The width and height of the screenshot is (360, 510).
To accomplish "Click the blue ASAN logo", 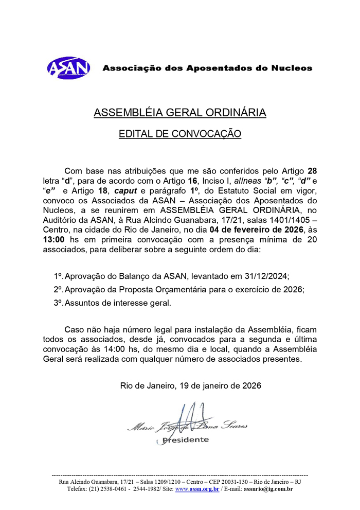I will [68, 67].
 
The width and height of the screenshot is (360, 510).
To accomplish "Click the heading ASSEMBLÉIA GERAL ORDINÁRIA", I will [179, 113].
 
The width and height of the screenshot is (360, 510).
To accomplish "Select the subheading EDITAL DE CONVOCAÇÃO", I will [179, 134].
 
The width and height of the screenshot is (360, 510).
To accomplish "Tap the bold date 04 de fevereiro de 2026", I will [260, 228].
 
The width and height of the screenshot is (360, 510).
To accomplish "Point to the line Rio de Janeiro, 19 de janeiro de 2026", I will [190, 385].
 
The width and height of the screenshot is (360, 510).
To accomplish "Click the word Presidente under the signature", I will [185, 439].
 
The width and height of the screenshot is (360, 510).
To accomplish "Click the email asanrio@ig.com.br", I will [268, 489].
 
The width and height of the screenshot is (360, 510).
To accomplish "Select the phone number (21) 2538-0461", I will [109, 489].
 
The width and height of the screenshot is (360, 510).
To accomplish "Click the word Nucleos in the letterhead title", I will [292, 67].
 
